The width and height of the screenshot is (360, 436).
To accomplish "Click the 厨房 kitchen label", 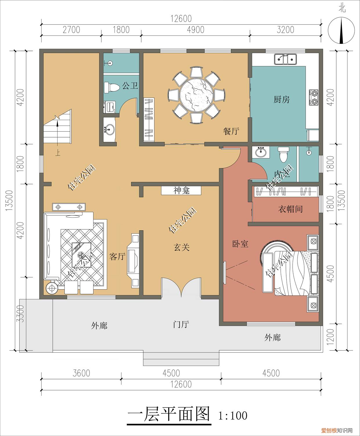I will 281,99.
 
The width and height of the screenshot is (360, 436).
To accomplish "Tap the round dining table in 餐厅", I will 196,95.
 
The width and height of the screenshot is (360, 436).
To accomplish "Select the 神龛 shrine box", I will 181,191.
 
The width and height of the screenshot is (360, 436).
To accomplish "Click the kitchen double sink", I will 285,59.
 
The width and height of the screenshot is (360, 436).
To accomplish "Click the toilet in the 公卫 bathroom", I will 112,87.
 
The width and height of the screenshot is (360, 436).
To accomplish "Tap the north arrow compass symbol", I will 341,31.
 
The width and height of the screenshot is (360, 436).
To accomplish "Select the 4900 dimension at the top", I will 196,30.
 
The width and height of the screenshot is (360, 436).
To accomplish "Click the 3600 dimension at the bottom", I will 81,373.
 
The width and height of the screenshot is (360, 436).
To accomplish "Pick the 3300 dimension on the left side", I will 20,314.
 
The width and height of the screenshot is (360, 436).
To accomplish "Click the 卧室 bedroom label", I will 240,244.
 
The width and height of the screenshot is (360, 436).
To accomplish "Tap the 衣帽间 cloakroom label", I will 290,209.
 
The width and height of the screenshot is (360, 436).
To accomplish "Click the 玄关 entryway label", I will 182,247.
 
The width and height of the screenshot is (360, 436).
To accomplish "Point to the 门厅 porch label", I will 181,324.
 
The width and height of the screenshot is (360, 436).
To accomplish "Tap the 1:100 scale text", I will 233,416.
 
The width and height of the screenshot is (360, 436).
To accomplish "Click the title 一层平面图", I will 169,414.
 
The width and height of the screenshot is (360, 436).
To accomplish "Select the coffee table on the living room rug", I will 81,255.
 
